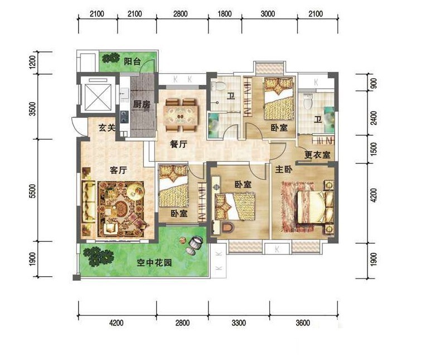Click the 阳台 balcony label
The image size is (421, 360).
[132, 61]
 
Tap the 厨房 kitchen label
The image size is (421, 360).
[142, 104]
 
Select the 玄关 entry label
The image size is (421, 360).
[107, 128]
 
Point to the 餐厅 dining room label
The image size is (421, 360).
[178, 144]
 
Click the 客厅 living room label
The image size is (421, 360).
[118, 170]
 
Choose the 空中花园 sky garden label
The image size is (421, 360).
[154, 262]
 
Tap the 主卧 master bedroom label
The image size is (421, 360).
[284, 169]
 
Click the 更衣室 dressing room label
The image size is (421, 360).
[317, 155]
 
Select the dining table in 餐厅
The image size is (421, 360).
[181, 115]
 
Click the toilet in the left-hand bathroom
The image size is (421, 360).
[218, 86]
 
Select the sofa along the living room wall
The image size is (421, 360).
[88, 201]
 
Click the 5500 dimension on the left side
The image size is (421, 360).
[32, 191]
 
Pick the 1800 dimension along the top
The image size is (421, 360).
[225, 13]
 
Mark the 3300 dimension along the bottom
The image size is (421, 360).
[239, 323]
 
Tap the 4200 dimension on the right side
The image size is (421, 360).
[374, 195]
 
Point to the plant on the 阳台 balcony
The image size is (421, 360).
[110, 57]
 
